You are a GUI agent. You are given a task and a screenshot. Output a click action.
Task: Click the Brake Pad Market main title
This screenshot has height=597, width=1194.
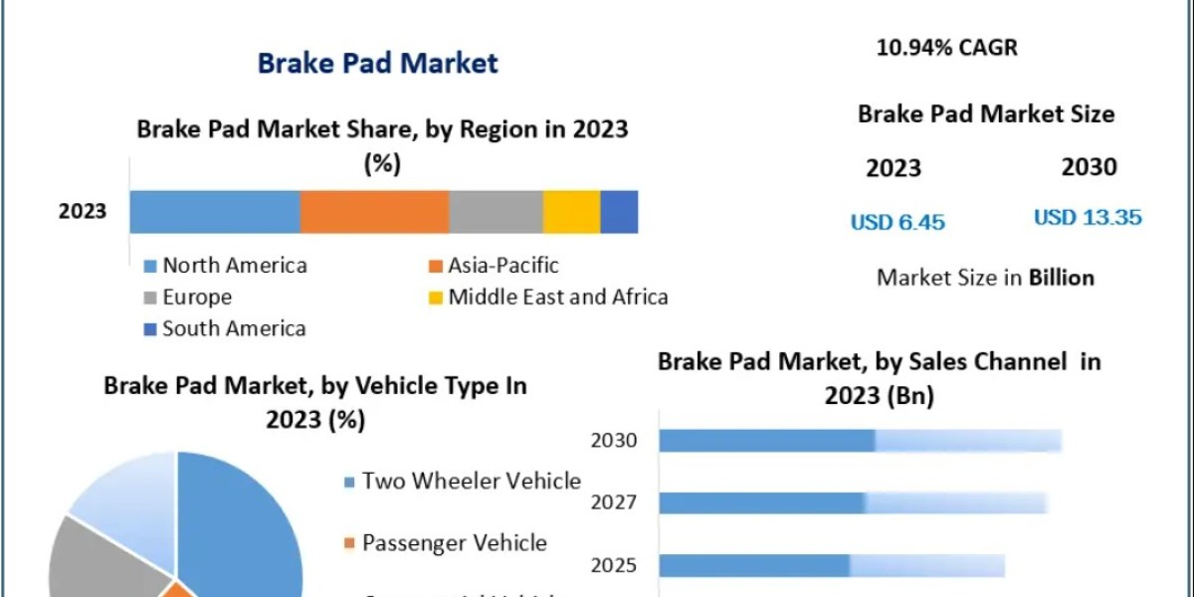pos(377,64)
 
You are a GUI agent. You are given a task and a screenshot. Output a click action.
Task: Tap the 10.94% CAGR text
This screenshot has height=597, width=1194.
pos(946,47)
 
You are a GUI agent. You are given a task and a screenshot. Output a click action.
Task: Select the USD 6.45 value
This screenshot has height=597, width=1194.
pos(896,222)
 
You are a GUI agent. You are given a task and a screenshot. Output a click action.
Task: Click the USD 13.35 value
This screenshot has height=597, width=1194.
pos(1087,217)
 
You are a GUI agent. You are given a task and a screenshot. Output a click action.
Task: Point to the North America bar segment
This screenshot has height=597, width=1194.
pos(214,212)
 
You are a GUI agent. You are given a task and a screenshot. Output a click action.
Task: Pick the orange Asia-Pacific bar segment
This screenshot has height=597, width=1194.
pos(374,212)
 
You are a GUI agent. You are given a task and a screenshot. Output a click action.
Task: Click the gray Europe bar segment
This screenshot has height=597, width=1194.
pos(496,212)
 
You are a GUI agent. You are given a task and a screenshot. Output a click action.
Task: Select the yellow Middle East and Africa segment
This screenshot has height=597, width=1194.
pos(571,212)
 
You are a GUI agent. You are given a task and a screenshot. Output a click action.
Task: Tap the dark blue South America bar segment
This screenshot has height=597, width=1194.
pos(619,212)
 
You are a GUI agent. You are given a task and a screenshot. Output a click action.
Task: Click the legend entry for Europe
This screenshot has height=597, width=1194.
pos(197,297)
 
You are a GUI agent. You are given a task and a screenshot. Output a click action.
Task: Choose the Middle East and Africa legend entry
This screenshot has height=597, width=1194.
pos(557,297)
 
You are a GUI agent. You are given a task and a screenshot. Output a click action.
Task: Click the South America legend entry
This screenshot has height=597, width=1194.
pos(234,328)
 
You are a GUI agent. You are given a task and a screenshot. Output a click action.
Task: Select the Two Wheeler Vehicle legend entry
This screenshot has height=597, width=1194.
pos(471,482)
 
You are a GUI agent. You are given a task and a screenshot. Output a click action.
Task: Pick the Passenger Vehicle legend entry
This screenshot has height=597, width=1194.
pos(454,543)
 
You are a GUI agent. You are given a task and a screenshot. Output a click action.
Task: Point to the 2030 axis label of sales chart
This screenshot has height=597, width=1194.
pos(614,440)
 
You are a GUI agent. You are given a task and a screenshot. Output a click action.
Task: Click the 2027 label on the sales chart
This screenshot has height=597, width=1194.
pos(614,502)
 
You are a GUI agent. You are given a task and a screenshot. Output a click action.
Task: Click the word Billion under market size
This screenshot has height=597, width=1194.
pos(1061,278)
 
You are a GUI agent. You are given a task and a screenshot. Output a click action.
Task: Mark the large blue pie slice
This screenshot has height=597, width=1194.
pos(244,527)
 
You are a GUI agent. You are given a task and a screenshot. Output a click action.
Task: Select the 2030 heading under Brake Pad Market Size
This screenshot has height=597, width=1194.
pos(1089,167)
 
